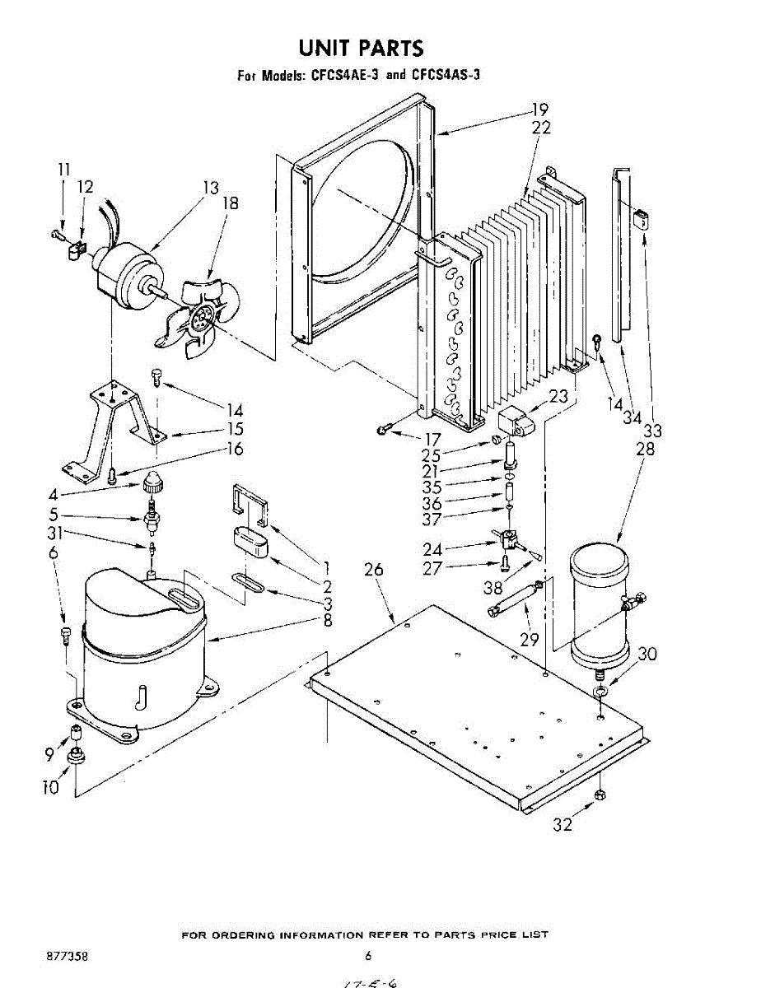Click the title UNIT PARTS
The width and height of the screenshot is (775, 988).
pos(362,47)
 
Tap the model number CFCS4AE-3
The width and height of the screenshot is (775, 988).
pos(344,75)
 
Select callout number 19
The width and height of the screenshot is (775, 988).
pos(539,110)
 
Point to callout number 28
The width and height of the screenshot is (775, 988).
pos(645,449)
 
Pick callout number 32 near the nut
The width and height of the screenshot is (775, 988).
pos(562,824)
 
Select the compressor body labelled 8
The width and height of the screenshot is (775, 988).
pos(140,650)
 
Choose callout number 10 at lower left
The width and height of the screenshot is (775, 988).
pos(51,787)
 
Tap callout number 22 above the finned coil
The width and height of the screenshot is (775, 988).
pos(541,128)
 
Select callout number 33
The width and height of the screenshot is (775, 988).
pos(652,431)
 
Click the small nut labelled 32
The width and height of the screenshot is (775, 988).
pos(600,795)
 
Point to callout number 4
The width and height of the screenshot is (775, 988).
pos(54,496)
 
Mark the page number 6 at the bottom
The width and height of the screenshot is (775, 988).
pos(368,956)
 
